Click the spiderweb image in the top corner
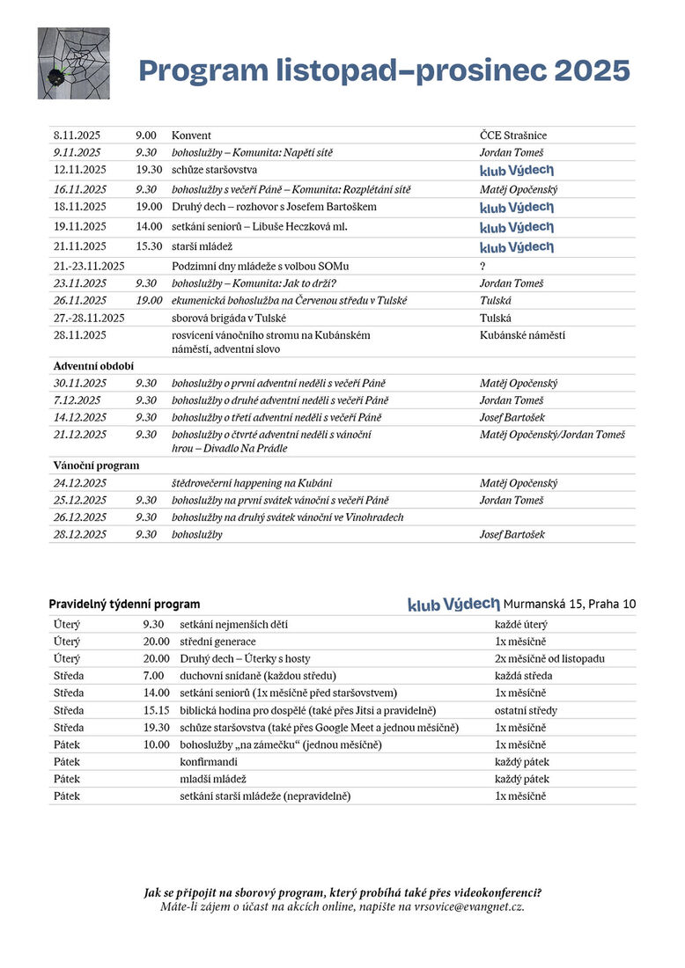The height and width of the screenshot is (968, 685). click(x=73, y=63)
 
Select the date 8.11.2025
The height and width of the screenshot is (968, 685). click(x=77, y=136)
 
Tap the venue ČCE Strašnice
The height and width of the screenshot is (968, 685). click(x=513, y=136)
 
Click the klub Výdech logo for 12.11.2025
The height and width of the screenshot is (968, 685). click(x=517, y=170)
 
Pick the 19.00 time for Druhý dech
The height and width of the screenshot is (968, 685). click(x=149, y=207)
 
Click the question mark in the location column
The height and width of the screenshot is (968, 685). click(x=482, y=265)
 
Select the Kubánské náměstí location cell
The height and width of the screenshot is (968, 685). click(x=522, y=335)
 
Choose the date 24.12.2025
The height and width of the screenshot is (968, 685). click(x=80, y=483)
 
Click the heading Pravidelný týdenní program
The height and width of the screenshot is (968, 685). click(x=124, y=605)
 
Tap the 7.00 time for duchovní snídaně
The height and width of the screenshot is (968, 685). click(x=157, y=676)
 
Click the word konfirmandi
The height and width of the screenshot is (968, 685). click(x=209, y=762)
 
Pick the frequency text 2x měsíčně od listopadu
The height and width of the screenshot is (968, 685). click(x=549, y=658)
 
